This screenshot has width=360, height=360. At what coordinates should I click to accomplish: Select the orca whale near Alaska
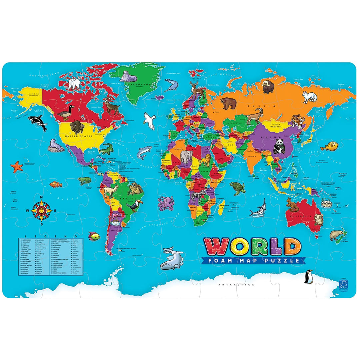click(37, 122)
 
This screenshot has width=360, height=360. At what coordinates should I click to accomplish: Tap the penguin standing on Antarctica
click(309, 276)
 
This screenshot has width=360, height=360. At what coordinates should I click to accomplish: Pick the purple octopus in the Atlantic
click(164, 203)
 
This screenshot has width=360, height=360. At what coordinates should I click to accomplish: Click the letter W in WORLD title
click(214, 246)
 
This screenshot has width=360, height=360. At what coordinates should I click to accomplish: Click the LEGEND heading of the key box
click(51, 236)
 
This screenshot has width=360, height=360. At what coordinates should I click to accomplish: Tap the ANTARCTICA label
click(236, 285)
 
